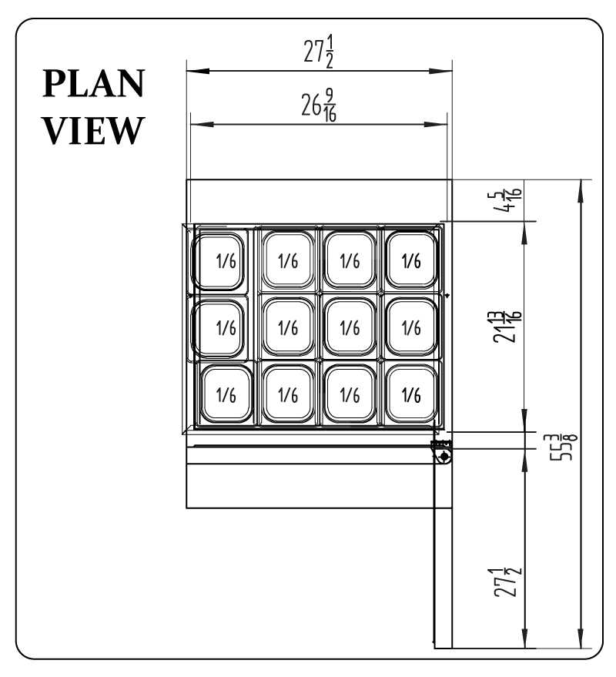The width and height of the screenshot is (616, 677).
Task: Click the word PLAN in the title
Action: click(93, 83)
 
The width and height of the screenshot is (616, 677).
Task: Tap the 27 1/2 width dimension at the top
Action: click(319, 52)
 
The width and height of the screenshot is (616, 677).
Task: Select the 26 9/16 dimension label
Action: click(319, 106)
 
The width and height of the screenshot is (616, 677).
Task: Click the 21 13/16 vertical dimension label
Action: click(507, 327)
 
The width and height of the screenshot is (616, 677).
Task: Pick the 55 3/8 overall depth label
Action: click(566, 447)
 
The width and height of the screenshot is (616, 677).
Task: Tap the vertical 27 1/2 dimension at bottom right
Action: click(507, 583)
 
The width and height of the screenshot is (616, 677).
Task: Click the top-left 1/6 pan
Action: click(218, 261)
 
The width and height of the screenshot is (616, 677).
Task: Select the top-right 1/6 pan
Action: click(411, 260)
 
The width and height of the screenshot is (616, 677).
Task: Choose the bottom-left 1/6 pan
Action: click(226, 394)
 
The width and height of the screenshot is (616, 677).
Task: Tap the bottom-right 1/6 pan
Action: click(411, 394)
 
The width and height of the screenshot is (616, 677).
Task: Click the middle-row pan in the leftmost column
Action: click(218, 328)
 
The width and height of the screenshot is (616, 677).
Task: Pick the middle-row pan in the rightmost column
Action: click(411, 327)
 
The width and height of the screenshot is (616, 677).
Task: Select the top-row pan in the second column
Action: click(288, 260)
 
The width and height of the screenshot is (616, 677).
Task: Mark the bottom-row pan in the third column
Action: click(350, 394)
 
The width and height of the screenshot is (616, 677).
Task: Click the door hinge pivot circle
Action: click(444, 455)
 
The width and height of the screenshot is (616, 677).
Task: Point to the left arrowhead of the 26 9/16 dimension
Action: click(202, 124)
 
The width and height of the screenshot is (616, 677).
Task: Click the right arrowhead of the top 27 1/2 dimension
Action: click(440, 71)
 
